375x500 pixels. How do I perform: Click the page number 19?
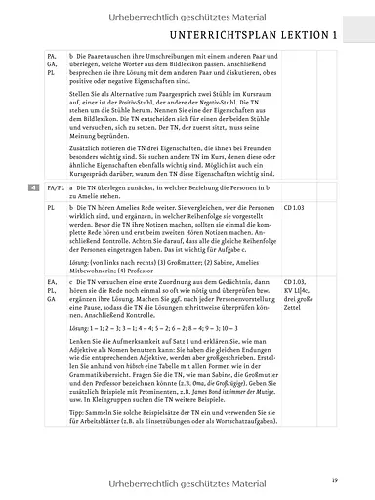pos(334,479)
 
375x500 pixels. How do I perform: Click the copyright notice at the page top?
pos(187,13)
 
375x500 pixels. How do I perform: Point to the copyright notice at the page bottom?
pos(187,482)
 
